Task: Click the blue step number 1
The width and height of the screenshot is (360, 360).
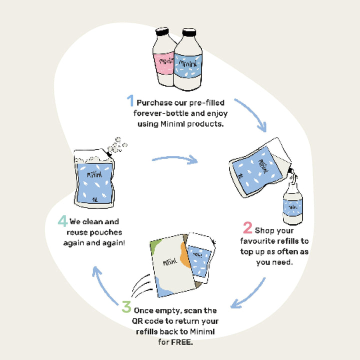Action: [x=130, y=101]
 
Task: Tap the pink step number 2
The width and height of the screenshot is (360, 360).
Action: [x=247, y=228]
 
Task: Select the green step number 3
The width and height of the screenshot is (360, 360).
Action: [x=127, y=306]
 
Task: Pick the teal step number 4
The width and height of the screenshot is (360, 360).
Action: [x=62, y=220]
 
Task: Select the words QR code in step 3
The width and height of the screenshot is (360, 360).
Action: [x=150, y=320]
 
